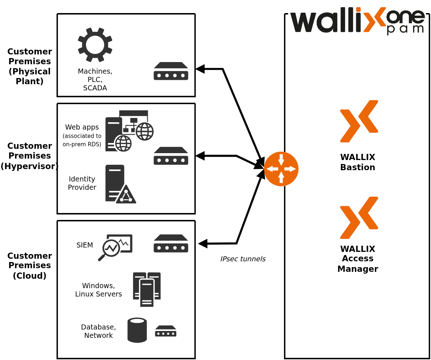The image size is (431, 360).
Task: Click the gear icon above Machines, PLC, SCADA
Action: (x=95, y=45)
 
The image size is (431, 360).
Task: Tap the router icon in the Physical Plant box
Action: (x=171, y=71)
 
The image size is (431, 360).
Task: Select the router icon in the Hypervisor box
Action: (x=171, y=156)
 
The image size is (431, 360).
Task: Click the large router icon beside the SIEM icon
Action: (x=171, y=243)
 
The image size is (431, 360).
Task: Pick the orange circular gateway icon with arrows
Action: (x=281, y=169)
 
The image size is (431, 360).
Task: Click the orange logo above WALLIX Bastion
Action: (x=359, y=121)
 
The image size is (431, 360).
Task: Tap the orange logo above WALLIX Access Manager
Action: (x=359, y=218)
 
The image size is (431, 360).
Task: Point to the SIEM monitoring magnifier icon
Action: (x=115, y=247)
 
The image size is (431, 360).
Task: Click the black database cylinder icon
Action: (x=137, y=330)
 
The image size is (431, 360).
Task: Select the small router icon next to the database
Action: (x=166, y=331)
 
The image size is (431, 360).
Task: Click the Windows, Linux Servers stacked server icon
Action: (x=147, y=289)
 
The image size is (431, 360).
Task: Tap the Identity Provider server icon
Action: (x=120, y=184)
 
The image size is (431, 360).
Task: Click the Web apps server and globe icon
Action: (x=129, y=131)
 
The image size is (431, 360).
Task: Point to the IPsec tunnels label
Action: (x=243, y=259)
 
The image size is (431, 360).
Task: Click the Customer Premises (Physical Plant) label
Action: (x=29, y=66)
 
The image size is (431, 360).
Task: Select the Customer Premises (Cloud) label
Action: (x=29, y=265)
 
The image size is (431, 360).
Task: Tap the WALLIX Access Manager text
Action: (x=358, y=259)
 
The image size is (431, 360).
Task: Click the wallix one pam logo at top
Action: (x=357, y=20)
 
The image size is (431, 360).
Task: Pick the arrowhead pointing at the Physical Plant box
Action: (x=200, y=69)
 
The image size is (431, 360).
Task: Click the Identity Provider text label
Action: (x=82, y=183)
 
